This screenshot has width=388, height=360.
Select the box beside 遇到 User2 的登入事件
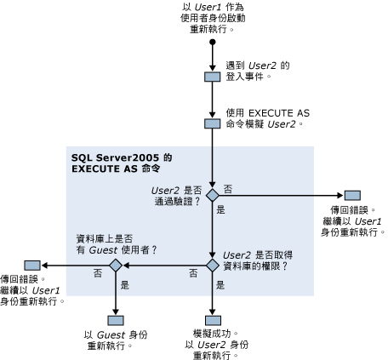212,77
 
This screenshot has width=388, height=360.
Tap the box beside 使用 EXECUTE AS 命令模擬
212,123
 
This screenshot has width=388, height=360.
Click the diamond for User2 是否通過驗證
212,195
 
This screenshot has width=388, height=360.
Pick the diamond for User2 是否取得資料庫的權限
212,265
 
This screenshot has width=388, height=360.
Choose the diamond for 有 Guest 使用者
114,265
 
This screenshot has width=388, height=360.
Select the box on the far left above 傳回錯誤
31,265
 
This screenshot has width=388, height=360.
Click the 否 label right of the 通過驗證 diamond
228,187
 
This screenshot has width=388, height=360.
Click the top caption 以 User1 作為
210,6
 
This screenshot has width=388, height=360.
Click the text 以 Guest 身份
116,334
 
